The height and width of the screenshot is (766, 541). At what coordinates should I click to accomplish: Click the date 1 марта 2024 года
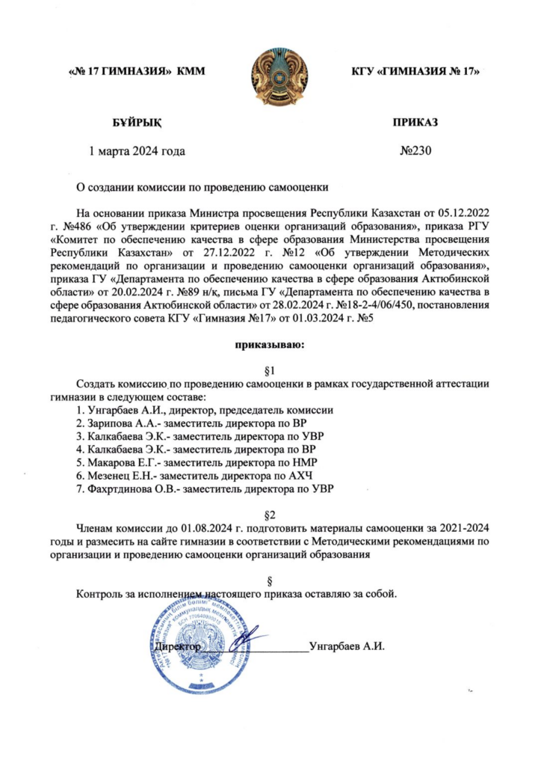point(137,150)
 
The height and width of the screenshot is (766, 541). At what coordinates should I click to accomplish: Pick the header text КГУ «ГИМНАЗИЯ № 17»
point(414,73)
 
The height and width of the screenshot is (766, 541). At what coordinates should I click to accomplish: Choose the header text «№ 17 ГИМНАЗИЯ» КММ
point(137,73)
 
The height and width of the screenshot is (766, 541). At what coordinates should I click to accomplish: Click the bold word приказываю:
point(270,345)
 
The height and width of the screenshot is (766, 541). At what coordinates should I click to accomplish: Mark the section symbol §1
point(270,370)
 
